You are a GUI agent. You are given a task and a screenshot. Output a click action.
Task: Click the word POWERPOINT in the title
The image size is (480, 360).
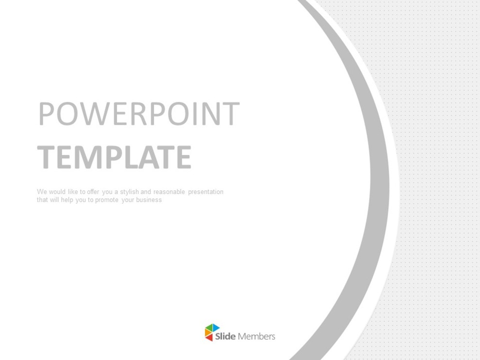[x=139, y=114]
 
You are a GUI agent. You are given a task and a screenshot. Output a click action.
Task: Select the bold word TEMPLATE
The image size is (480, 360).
[x=114, y=157]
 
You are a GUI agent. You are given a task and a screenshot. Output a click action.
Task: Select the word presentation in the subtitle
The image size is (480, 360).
[x=206, y=192]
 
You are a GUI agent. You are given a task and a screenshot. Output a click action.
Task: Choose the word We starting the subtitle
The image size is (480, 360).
[x=41, y=192]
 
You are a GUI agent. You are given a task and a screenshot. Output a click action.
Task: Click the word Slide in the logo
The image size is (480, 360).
[x=225, y=336]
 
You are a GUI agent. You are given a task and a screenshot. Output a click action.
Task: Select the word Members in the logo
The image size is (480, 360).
[x=257, y=336]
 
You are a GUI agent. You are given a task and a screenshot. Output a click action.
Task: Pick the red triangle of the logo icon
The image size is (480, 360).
[x=210, y=337]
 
